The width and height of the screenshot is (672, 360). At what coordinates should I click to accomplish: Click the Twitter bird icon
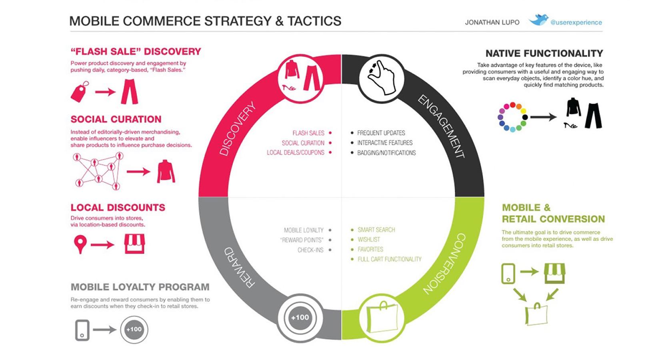pos(538,20)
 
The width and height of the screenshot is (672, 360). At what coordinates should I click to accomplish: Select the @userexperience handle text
pos(576,22)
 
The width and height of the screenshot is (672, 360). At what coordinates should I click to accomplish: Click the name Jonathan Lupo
pos(492,22)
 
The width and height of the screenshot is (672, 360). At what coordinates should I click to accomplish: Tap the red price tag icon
pos(80,92)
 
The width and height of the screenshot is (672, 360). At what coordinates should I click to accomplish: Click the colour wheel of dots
pos(512,117)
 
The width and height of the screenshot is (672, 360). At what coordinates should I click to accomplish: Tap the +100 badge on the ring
pos(300,318)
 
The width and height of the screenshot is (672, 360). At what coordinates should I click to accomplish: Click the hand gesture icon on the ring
pos(382,78)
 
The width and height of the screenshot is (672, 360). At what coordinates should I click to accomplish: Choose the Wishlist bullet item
pos(368,240)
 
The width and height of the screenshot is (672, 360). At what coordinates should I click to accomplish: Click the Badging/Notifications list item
pos(386,153)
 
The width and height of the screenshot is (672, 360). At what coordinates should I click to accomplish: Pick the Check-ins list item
pos(310,250)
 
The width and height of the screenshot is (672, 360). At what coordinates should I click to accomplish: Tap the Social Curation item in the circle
pos(303,143)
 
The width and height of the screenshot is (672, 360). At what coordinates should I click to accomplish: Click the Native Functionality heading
pos(544,53)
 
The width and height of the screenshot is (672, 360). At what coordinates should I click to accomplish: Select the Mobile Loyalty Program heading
pos(140,287)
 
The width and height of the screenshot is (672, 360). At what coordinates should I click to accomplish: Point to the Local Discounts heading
pos(118,207)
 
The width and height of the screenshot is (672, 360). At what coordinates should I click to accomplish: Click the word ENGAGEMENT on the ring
pos(441,126)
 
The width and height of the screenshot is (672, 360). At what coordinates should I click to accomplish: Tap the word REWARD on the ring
pos(239,267)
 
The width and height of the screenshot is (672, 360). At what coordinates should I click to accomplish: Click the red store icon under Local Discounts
pos(134,244)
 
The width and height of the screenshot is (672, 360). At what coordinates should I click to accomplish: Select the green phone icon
pos(508,274)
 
